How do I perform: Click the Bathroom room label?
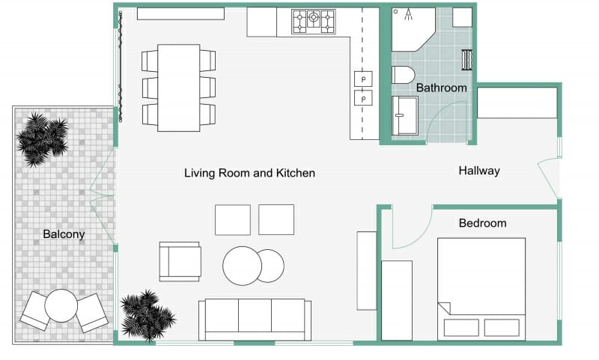[x=441, y=88]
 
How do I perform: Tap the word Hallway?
[x=478, y=171]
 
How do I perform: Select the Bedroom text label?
[x=482, y=223]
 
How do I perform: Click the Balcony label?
[x=64, y=234]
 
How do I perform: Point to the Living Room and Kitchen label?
[x=249, y=173]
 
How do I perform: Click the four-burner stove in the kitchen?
[x=313, y=21]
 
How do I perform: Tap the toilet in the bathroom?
[x=403, y=75]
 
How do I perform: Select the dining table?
[x=179, y=88]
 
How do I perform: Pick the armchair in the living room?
[x=180, y=261]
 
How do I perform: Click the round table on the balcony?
[x=61, y=305]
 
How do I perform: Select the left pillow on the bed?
[x=461, y=328]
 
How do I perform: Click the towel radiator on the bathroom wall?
[x=469, y=60]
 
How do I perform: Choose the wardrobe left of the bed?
[x=397, y=300]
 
